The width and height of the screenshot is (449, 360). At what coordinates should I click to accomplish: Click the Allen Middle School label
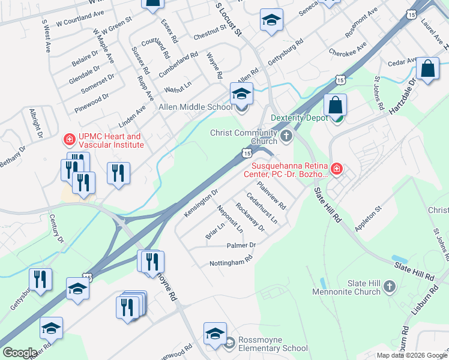pos(194,107)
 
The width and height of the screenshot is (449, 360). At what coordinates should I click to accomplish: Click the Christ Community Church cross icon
pos(286,136)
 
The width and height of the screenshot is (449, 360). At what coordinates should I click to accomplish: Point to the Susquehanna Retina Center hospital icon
pos(337,169)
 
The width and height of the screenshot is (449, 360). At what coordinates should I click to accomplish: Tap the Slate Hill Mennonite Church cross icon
pos(389,287)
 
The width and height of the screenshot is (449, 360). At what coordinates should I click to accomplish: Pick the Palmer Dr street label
pos(241,245)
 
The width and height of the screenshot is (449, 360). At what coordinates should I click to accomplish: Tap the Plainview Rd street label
pos(271,196)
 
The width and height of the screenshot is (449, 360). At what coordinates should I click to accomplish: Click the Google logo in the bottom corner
pos(20,352)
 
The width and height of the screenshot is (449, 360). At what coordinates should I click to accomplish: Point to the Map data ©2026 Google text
pos(412,355)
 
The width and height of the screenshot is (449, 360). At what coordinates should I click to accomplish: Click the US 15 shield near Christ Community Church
pos(247,153)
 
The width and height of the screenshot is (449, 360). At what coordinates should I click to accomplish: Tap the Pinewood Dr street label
pos(92,103)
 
